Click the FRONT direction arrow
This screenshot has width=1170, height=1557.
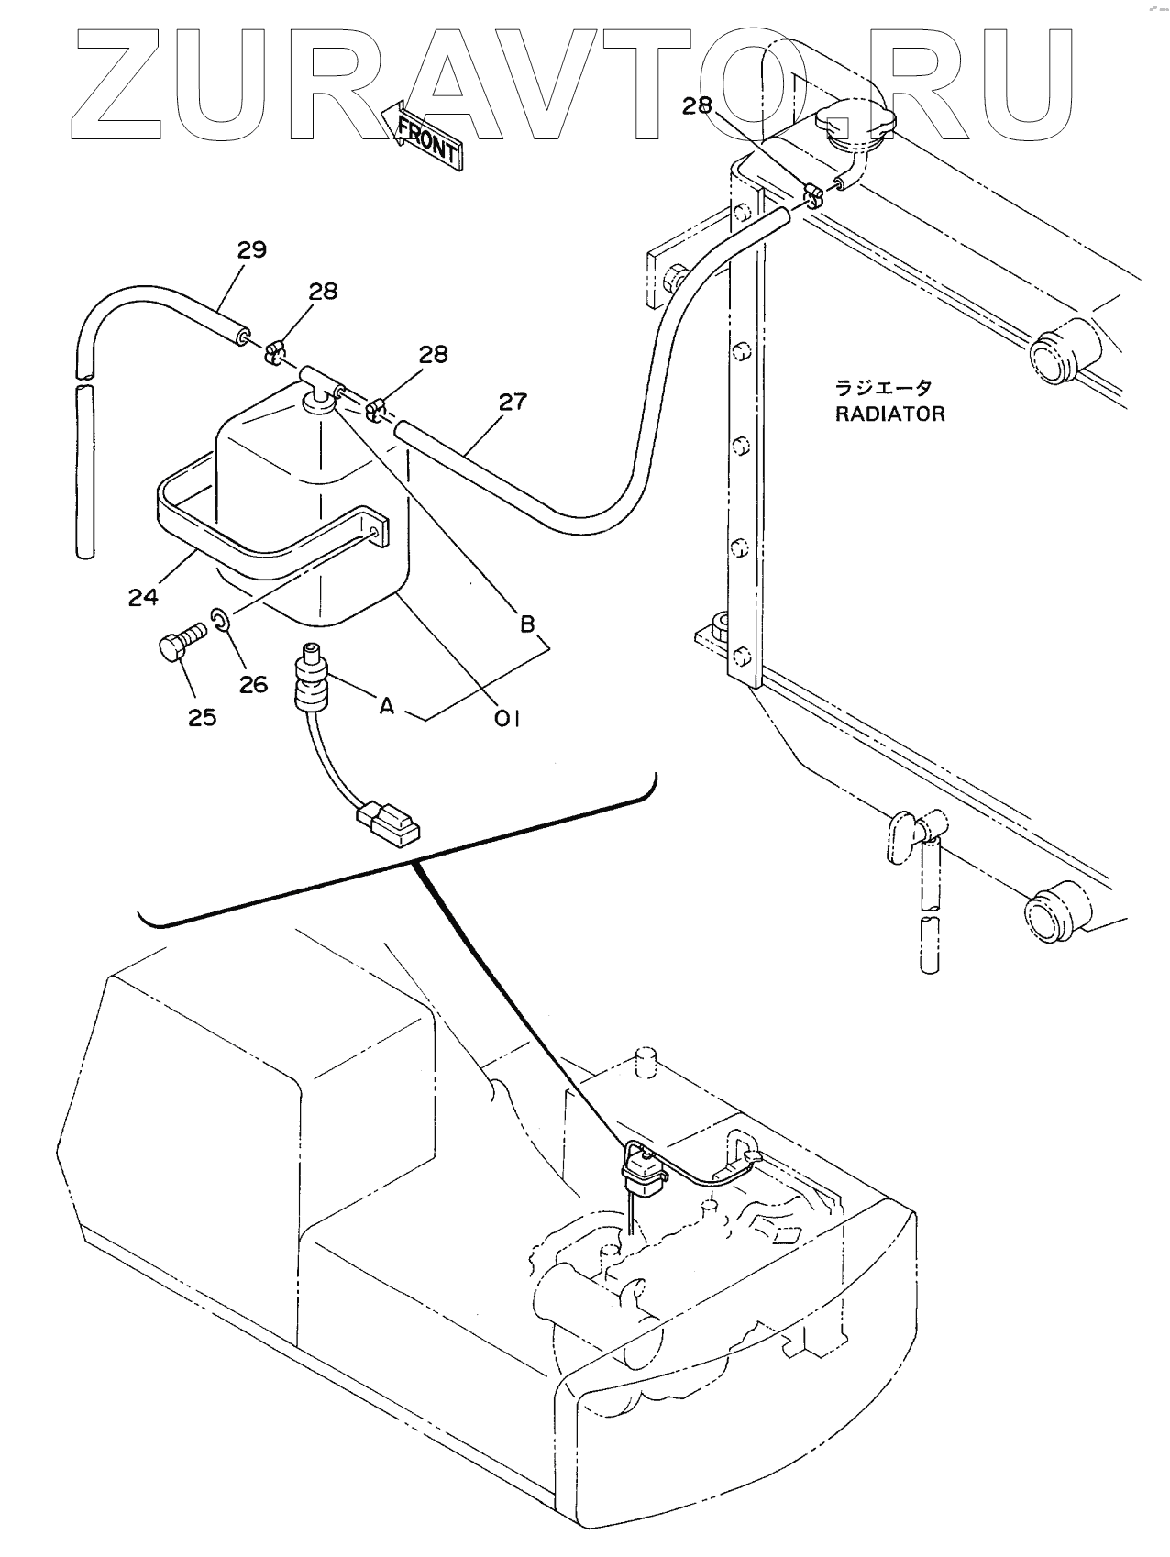click(422, 135)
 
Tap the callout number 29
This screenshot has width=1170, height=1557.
click(251, 249)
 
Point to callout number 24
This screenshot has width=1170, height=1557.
click(143, 597)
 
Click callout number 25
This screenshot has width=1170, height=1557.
click(203, 717)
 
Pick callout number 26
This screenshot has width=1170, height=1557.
click(253, 683)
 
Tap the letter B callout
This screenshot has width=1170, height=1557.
click(527, 624)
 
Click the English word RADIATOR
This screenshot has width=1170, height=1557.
click(889, 414)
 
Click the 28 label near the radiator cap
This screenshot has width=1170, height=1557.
click(697, 105)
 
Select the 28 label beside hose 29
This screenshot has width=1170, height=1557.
click(323, 291)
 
